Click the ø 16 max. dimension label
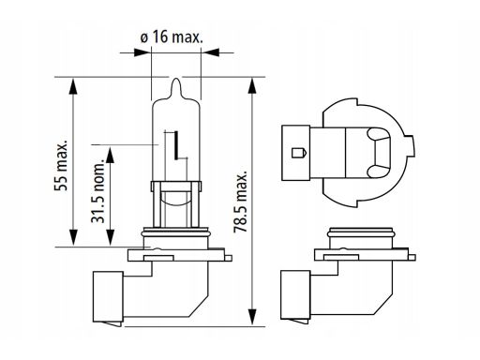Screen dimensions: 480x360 tap(172, 37)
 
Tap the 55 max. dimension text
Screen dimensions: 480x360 tap(61, 165)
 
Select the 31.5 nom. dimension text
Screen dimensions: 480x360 tap(97, 192)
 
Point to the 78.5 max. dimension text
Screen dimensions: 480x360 tap(241, 202)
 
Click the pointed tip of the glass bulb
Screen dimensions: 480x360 tap(176, 79)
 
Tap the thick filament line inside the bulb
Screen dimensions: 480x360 tap(177, 145)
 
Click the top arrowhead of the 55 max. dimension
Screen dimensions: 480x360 tap(73, 86)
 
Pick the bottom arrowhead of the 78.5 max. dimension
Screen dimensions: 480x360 tap(252, 318)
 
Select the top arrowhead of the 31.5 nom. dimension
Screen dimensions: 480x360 tap(110, 156)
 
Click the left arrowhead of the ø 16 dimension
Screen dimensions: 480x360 tap(142, 52)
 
